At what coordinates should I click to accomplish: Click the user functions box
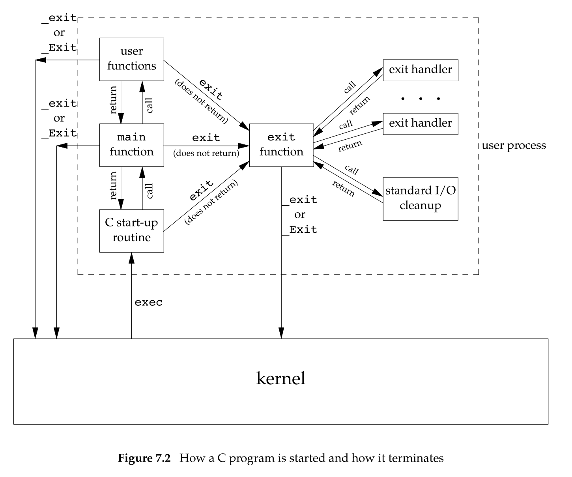click(x=131, y=59)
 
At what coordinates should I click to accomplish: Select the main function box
click(x=131, y=145)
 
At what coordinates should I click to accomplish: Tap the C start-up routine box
click(x=131, y=230)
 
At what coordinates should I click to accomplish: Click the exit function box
click(x=281, y=145)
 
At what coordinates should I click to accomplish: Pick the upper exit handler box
click(x=421, y=70)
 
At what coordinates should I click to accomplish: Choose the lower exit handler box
click(x=421, y=123)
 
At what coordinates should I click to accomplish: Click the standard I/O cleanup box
click(x=421, y=198)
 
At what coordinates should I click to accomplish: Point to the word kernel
click(x=281, y=379)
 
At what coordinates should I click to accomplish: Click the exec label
click(x=148, y=303)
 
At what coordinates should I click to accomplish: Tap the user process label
click(x=514, y=146)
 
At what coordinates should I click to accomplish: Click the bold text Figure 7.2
click(x=144, y=458)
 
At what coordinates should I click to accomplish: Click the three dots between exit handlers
click(x=421, y=99)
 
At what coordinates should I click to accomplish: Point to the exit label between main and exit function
click(x=206, y=138)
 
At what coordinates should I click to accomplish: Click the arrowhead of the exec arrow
click(x=131, y=257)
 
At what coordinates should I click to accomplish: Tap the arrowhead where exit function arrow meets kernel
click(x=281, y=334)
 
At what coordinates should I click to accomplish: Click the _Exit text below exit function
click(x=300, y=230)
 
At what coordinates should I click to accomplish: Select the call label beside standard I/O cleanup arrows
click(x=351, y=170)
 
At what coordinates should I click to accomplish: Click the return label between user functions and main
click(x=113, y=100)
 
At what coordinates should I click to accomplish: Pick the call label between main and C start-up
click(x=150, y=191)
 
